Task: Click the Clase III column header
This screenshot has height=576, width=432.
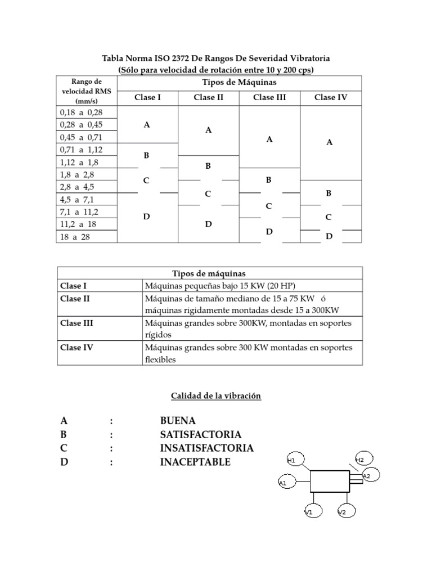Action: click(x=269, y=97)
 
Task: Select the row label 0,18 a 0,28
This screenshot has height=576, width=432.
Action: click(x=81, y=112)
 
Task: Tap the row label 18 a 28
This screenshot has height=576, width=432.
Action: click(x=74, y=237)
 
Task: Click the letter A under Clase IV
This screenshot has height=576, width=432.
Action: click(x=330, y=143)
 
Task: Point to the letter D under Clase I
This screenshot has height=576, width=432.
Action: click(x=146, y=216)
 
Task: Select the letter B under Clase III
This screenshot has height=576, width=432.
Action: click(x=269, y=180)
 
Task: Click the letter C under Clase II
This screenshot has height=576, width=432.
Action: click(x=208, y=194)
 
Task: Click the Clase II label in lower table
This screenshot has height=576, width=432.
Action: click(x=75, y=299)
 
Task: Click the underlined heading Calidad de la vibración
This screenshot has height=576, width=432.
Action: click(x=216, y=396)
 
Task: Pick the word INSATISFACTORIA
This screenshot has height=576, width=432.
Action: click(x=206, y=448)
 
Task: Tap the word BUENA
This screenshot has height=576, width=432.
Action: click(x=178, y=421)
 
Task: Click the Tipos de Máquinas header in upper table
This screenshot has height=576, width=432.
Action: click(x=238, y=83)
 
